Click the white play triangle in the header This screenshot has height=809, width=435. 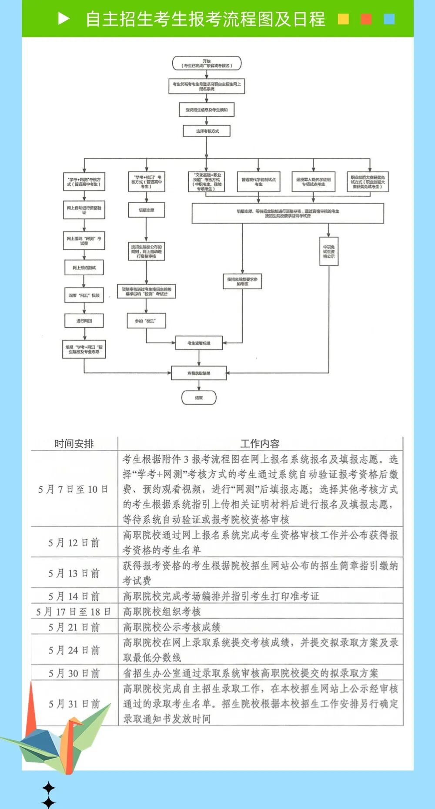(x=64, y=19)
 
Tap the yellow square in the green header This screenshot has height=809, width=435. (x=343, y=19)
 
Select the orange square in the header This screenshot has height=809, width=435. (x=366, y=19)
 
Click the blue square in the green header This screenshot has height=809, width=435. (x=389, y=19)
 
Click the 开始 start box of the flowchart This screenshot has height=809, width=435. (x=207, y=64)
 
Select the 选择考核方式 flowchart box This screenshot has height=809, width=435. (x=207, y=131)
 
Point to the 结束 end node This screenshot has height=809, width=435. (x=199, y=397)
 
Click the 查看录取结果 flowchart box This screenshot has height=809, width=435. (x=199, y=373)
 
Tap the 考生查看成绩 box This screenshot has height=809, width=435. (x=199, y=343)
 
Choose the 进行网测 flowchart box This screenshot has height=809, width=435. (x=84, y=321)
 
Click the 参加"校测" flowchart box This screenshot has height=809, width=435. (x=146, y=321)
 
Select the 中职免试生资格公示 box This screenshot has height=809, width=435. (x=328, y=252)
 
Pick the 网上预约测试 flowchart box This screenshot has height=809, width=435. (x=84, y=268)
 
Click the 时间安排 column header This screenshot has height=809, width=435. (x=74, y=443)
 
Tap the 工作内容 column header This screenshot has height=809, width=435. (x=260, y=443)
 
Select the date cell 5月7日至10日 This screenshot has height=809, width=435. (x=74, y=489)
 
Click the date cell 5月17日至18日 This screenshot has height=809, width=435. (x=74, y=612)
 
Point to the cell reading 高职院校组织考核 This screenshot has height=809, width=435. (x=162, y=612)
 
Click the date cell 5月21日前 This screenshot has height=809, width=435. (x=74, y=627)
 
